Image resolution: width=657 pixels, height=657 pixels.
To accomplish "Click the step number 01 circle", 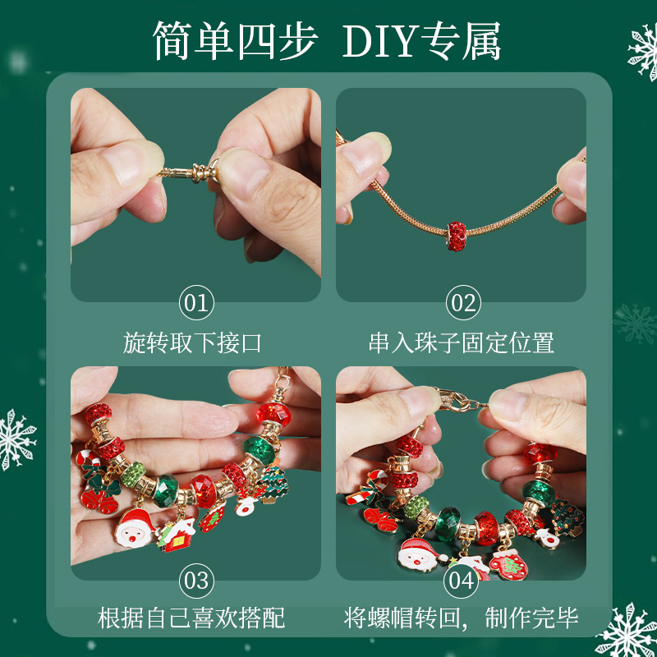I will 196,303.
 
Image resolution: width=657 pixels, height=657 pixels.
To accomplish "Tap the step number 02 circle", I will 464,303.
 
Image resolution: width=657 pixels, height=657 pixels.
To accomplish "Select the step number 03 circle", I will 196,581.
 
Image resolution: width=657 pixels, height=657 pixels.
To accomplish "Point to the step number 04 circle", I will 462,581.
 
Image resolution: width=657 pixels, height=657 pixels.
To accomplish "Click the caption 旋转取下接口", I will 193,342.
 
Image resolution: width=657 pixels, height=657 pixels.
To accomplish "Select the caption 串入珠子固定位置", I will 462,342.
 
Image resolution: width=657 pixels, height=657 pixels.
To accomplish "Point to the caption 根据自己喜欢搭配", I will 193,618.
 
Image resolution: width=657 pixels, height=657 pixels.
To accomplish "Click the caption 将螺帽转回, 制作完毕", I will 462,618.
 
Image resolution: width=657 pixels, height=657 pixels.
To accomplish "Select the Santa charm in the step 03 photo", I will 133,530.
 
